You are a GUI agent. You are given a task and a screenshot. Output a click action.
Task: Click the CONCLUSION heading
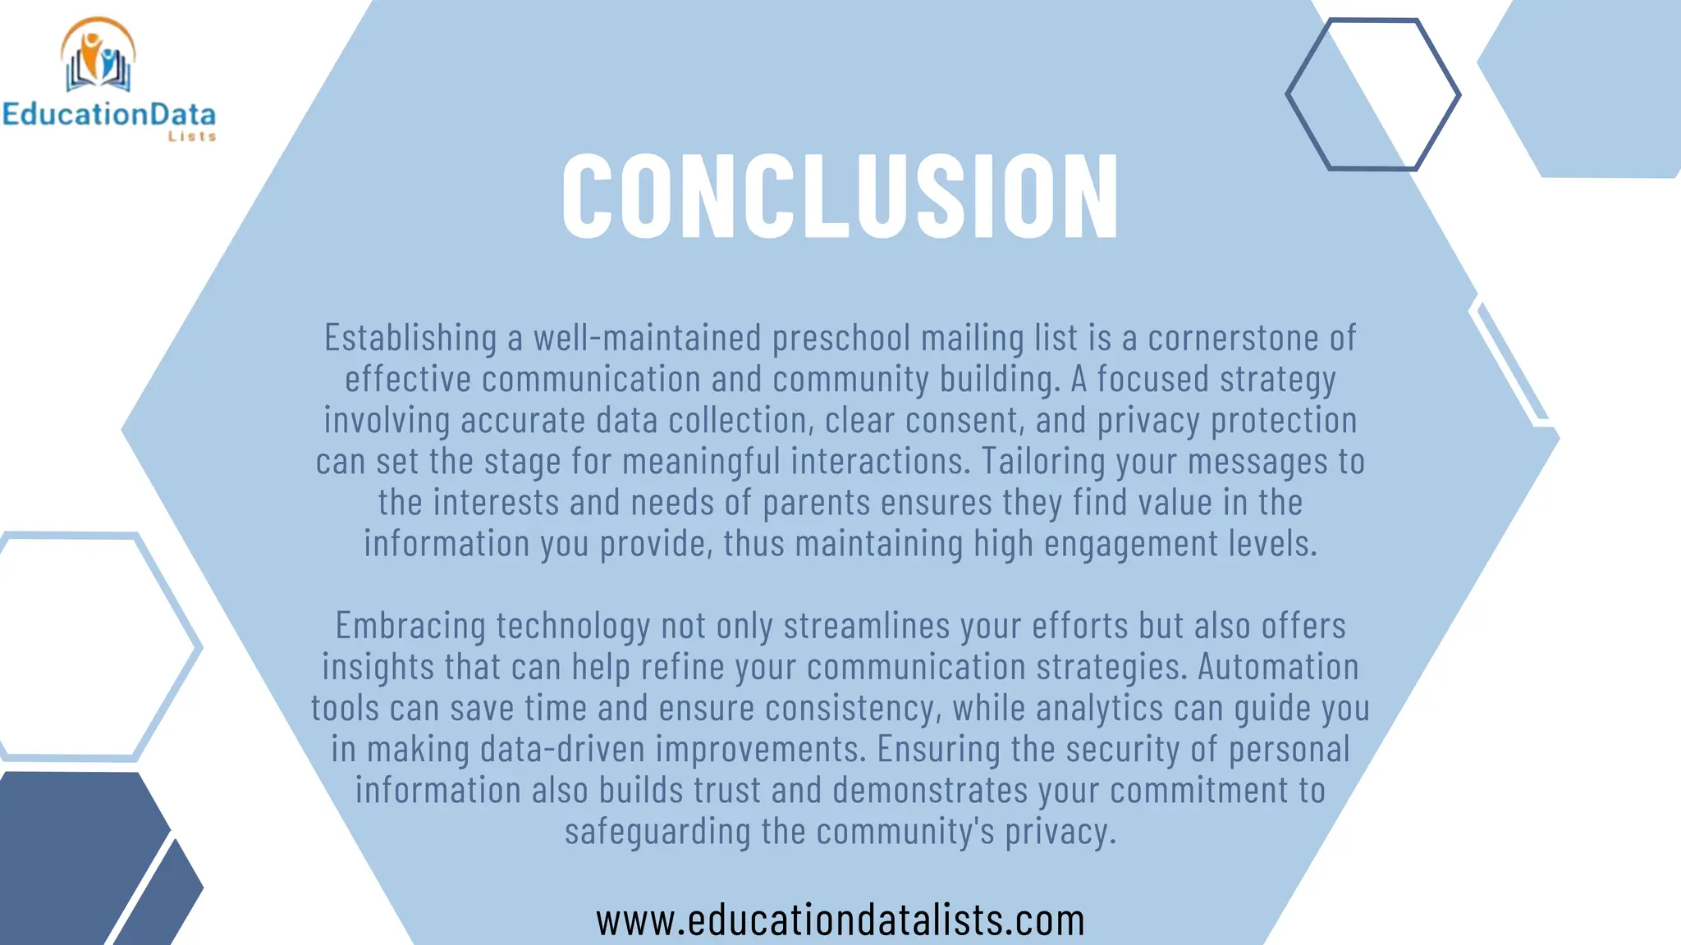pos(840,197)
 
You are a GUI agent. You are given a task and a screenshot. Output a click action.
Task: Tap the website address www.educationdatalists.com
pos(840,920)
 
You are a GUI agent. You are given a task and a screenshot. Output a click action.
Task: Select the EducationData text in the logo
pos(108,114)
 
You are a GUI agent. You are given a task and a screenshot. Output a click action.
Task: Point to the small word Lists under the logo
pos(192,137)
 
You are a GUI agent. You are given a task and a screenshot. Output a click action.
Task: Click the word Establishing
pos(410,338)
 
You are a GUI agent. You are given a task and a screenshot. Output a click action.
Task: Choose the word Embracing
pos(410,626)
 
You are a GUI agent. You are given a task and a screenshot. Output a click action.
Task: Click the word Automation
pos(1278,667)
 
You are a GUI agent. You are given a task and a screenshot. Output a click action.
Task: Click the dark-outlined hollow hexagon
pos(1372,94)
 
